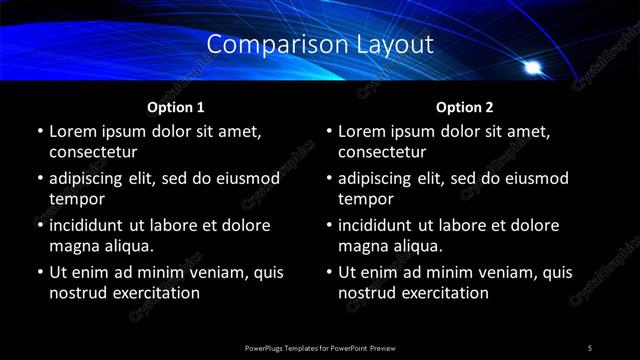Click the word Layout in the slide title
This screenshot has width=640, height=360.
pos(394,44)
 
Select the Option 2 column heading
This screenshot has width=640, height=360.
pos(464,107)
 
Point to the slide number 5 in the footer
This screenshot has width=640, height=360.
pos(589,347)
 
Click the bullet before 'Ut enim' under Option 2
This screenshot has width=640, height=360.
pos(329,272)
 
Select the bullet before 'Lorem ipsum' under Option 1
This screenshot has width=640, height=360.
pos(40,132)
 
